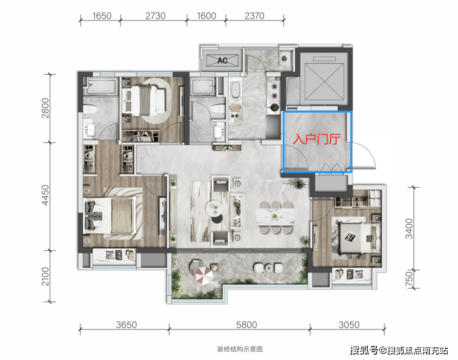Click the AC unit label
click(x=222, y=61)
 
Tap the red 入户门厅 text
click(x=317, y=139)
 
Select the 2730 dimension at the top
click(x=155, y=16)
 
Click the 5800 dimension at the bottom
click(x=247, y=325)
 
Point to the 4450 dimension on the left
click(x=45, y=195)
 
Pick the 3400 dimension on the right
click(x=409, y=228)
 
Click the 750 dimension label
click(x=409, y=279)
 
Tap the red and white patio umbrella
click(x=204, y=274)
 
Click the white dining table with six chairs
click(x=275, y=217)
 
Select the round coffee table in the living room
click(x=214, y=208)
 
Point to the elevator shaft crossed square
click(x=324, y=82)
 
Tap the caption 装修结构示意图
click(x=240, y=349)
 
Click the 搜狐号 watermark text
click(x=364, y=350)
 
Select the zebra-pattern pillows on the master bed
click(x=93, y=216)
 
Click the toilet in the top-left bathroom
click(x=90, y=110)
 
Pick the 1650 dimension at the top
click(x=102, y=16)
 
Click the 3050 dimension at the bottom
click(x=349, y=325)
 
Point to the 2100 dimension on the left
click(x=45, y=276)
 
